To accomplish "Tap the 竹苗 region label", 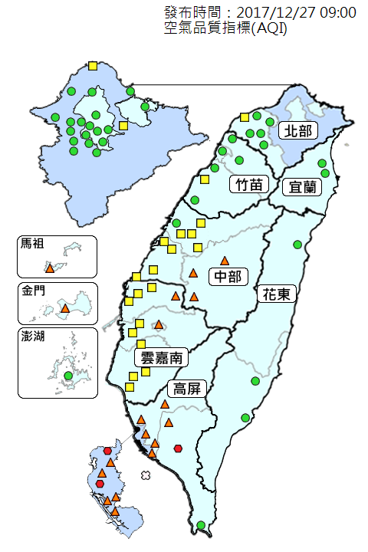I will [249, 184].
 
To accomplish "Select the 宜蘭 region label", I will [301, 186].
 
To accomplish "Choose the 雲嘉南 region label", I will [161, 357].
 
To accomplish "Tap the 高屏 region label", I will [187, 388].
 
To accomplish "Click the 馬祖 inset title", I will [33, 245].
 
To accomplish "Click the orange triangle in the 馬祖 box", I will [50, 268].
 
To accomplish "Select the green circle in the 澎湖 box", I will [68, 376].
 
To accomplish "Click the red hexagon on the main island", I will [178, 449].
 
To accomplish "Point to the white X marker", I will [146, 476].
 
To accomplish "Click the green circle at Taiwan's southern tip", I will [201, 525].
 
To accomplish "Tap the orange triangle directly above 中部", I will [225, 261].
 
